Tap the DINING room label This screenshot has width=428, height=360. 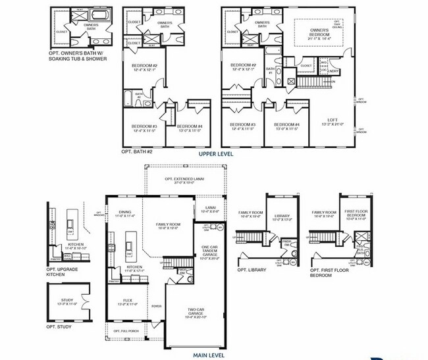click(124, 213)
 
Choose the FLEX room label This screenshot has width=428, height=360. click(126, 302)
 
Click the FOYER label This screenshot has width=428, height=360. click(157, 306)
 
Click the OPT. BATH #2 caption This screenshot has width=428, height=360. click(137, 152)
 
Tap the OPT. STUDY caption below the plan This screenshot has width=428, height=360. click(59, 327)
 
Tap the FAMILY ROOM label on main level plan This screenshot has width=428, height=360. click(168, 226)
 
